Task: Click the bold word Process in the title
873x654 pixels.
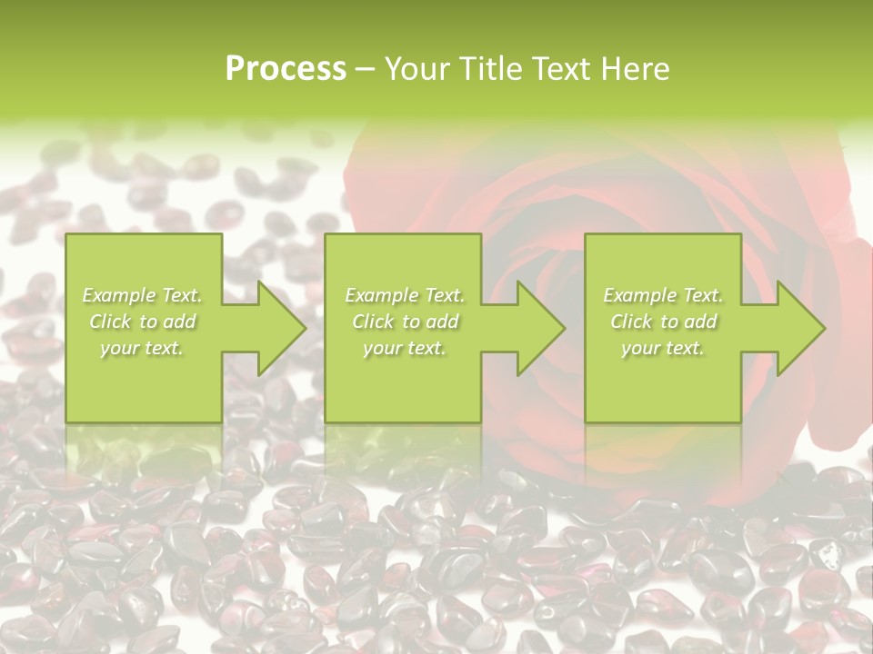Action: pyautogui.click(x=286, y=69)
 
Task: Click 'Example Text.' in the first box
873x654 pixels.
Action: pyautogui.click(x=143, y=295)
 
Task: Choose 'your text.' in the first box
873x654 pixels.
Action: pyautogui.click(x=143, y=348)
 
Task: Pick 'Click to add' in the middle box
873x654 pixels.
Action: pyautogui.click(x=405, y=322)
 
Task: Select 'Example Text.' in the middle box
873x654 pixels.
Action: pyautogui.click(x=405, y=295)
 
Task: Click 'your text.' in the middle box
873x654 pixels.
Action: pyautogui.click(x=405, y=348)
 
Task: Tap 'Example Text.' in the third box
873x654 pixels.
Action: pyautogui.click(x=663, y=295)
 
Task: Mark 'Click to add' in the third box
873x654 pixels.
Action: pyautogui.click(x=663, y=322)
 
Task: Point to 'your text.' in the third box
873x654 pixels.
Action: pyautogui.click(x=663, y=348)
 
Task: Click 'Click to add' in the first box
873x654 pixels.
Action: pyautogui.click(x=143, y=322)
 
